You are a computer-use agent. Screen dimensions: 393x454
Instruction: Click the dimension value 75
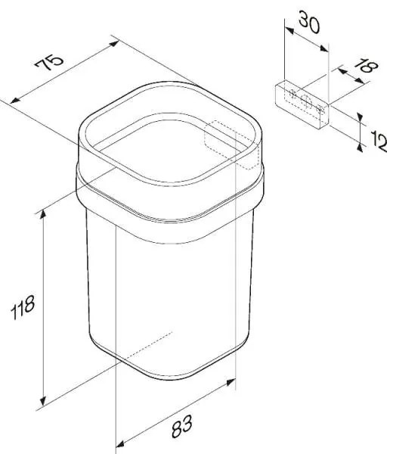tap(49, 62)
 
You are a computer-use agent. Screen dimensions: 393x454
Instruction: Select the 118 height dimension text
tap(23, 307)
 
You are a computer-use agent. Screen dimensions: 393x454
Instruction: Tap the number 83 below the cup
tap(182, 426)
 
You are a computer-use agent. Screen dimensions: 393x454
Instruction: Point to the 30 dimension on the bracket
tap(309, 22)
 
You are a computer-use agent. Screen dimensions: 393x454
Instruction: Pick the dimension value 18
tap(366, 67)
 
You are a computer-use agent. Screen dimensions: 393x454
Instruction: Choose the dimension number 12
tap(379, 141)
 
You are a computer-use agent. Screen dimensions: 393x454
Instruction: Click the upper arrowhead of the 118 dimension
tap(43, 215)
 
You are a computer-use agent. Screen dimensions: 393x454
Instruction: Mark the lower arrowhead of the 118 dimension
tap(43, 401)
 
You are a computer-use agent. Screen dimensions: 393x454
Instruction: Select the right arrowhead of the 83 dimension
tap(231, 381)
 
